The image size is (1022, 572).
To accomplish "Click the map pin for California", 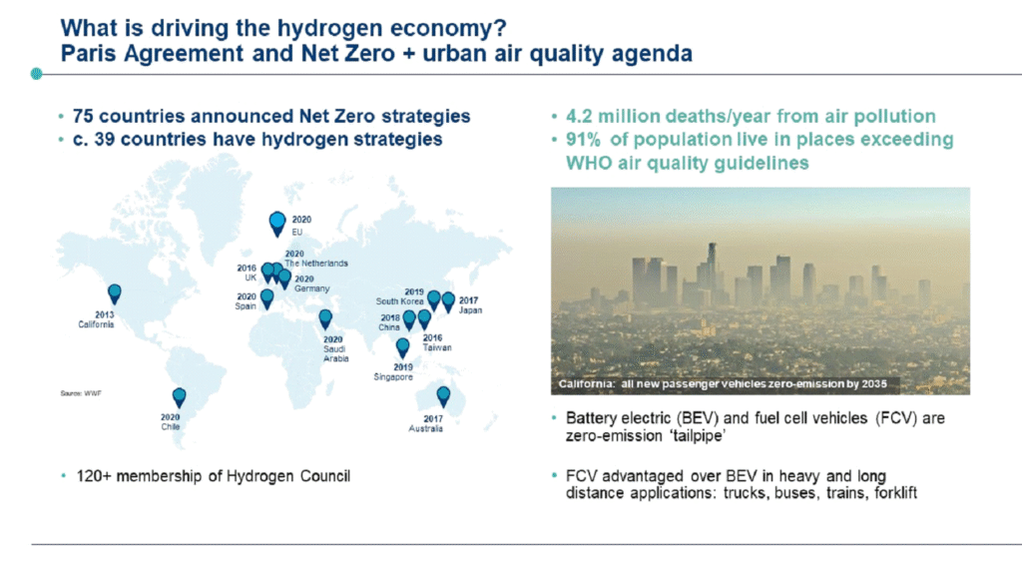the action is pos(115,293).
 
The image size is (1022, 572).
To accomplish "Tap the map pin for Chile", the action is pos(180,397).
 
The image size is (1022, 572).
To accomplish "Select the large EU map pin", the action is pos(277,223).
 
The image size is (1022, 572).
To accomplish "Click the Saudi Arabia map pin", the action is pos(325,318).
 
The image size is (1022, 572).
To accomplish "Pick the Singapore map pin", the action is pos(403,347).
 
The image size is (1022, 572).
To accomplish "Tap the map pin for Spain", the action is pos(267,298).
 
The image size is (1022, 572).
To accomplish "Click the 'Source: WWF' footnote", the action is pos(81,393).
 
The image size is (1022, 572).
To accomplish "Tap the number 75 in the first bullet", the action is pos(84,116).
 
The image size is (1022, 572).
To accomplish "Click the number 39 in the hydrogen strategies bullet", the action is pos(105,140).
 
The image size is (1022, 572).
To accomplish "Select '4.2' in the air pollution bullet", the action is pos(580,116).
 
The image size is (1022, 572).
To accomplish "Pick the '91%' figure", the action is pos(584,140).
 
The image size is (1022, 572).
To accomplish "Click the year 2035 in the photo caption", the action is pos(874,384).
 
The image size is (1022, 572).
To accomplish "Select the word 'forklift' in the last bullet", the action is pos(895,493).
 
